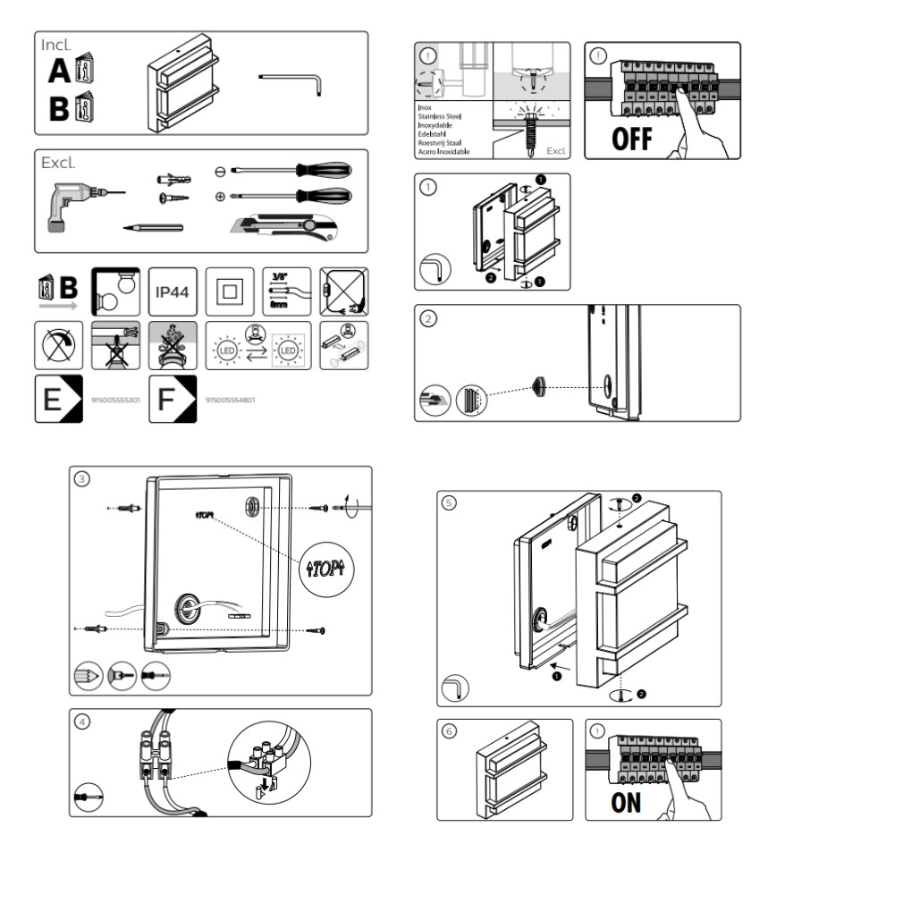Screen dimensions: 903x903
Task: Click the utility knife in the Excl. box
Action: coord(286,228)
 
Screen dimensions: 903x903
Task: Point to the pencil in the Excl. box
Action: coord(153,228)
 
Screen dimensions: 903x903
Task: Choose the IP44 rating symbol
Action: coord(172,291)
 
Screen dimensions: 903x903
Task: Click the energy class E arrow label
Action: coord(58,400)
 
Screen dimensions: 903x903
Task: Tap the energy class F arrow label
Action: coord(172,400)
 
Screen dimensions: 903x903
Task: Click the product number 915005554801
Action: coord(230,400)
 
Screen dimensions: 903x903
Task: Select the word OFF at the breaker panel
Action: coord(632,139)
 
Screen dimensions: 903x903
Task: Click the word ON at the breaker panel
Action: coord(626,802)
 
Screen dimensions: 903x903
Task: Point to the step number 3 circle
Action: coord(82,478)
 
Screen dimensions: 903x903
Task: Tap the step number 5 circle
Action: coord(449,502)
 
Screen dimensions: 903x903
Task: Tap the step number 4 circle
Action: coord(82,722)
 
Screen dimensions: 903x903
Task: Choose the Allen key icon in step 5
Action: coord(457,688)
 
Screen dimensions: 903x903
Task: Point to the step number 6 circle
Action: coord(449,731)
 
